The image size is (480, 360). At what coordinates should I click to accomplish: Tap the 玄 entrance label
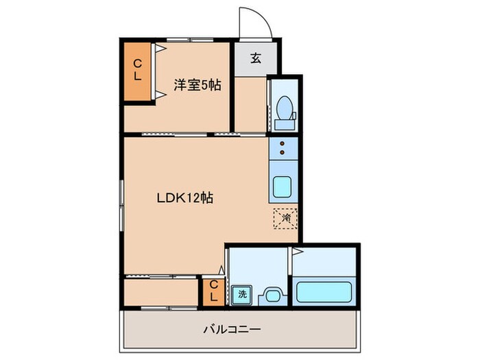[x=255, y=58]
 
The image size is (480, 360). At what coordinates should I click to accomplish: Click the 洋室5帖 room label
[x=197, y=86]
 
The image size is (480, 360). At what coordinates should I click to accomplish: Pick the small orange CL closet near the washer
[x=213, y=291]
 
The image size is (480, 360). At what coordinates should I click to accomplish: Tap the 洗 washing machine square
[x=241, y=295]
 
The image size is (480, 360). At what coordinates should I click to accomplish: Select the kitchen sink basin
[x=283, y=187]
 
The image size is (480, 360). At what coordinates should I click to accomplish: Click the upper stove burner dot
[x=283, y=144]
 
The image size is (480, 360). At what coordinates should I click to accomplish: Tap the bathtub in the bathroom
[x=324, y=291]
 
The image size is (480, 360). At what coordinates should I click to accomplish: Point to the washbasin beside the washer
[x=272, y=296]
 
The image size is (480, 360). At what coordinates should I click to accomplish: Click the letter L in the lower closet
[x=213, y=296]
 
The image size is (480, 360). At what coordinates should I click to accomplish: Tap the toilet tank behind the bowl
[x=284, y=122]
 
